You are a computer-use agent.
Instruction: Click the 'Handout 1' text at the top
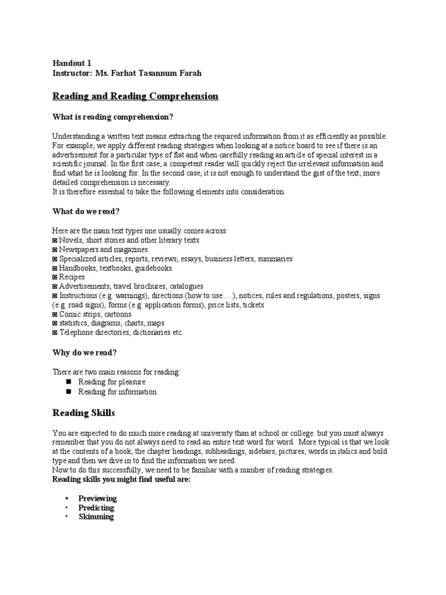pos(71,63)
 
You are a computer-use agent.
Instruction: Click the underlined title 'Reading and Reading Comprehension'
pos(135,96)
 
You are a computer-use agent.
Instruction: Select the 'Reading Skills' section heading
pos(84,413)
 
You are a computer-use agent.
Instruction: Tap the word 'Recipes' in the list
pos(71,277)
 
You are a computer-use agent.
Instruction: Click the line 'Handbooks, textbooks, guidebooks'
pos(115,268)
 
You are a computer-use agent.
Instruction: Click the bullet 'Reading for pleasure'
pos(111,382)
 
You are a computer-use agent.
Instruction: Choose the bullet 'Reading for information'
pos(117,392)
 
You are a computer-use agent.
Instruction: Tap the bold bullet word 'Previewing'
pos(98,499)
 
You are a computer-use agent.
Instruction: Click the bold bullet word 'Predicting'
pos(96,508)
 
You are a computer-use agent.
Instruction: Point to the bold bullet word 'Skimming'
pos(96,517)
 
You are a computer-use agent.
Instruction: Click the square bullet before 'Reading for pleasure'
pos(67,382)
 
